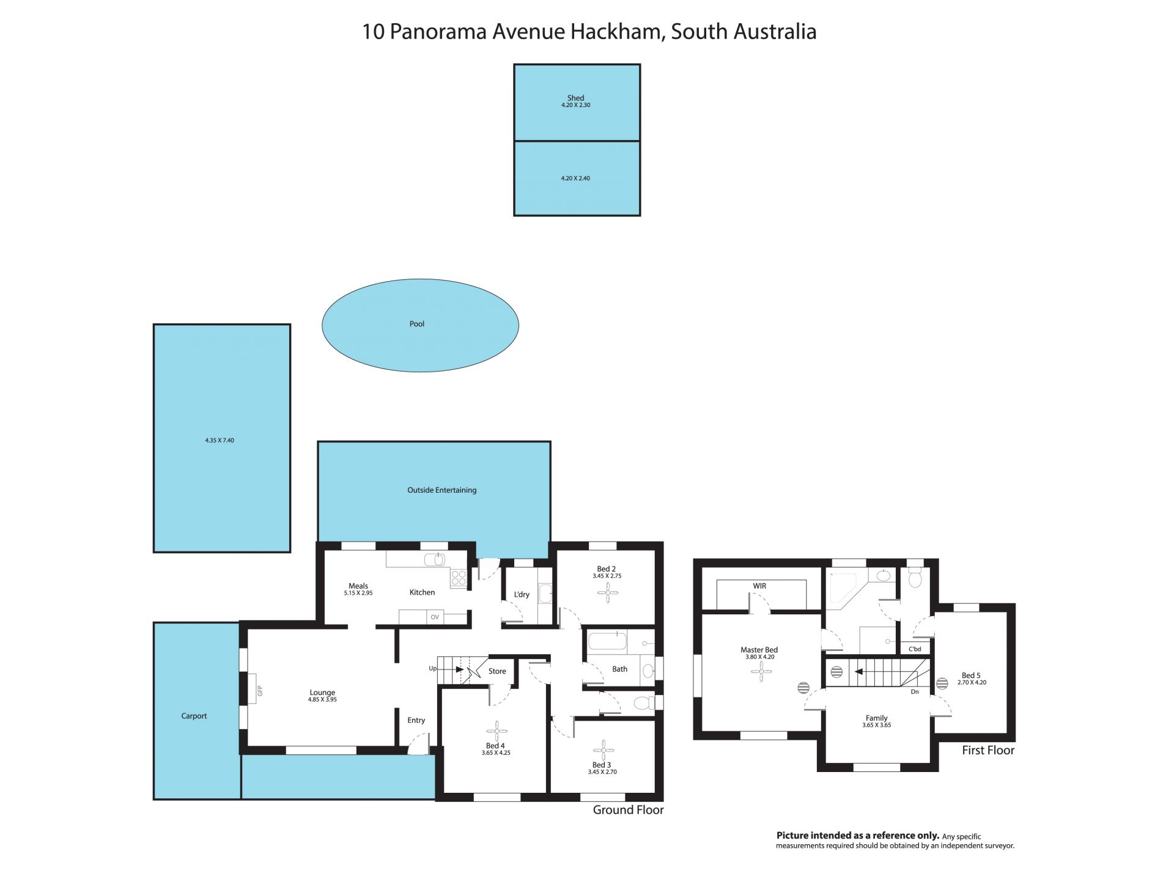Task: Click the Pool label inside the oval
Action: point(416,324)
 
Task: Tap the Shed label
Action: point(575,98)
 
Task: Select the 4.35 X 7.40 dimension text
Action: point(220,440)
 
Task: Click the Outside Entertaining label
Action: point(441,490)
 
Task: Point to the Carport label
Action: point(194,716)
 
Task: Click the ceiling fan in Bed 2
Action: point(607,592)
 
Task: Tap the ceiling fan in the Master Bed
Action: point(761,672)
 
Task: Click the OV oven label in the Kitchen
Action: point(435,617)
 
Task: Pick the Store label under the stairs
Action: point(497,671)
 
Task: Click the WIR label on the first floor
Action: point(759,586)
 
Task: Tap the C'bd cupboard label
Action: point(915,649)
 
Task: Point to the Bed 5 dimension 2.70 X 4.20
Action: point(972,682)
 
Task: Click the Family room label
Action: point(876,718)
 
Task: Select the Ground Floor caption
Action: point(628,810)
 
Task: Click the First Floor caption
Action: point(988,750)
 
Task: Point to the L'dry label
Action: point(522,594)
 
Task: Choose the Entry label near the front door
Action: point(416,720)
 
